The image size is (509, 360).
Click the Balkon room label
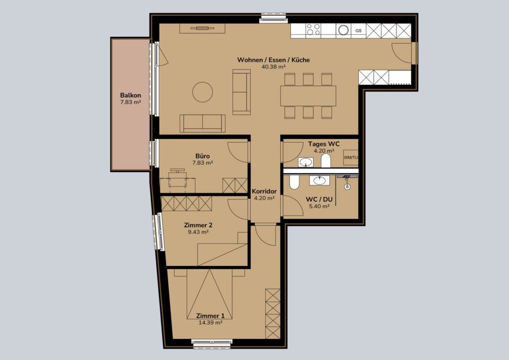131,95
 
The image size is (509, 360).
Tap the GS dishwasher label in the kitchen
358,31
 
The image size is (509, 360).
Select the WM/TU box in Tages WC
351,157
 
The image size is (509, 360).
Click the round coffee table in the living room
203,92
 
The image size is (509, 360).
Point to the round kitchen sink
343,30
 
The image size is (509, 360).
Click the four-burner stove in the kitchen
314,30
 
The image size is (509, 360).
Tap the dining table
308,96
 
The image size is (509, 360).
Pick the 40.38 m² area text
273,67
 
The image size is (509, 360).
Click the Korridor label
264,191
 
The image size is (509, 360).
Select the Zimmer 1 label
210,315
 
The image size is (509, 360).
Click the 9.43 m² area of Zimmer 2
198,232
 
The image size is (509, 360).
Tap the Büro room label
203,156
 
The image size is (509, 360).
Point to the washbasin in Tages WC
306,162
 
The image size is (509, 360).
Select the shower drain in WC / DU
347,187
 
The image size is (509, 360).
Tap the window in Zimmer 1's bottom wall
212,344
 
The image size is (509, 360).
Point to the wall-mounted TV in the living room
203,28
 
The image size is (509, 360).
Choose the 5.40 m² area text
320,206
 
